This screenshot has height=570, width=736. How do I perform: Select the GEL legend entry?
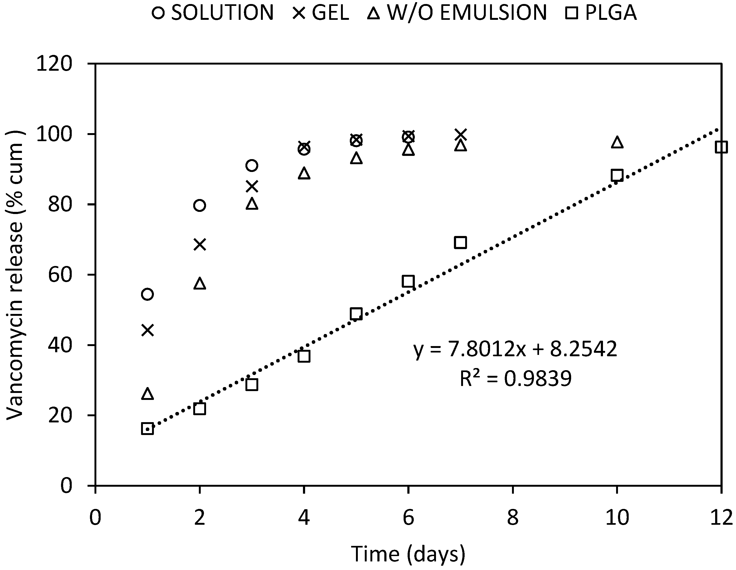click(320, 13)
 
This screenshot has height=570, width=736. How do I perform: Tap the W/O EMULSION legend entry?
click(457, 13)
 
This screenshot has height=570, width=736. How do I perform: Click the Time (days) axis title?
click(408, 554)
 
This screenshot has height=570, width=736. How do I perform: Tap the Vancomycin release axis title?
click(15, 275)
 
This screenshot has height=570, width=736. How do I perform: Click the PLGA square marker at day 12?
click(721, 147)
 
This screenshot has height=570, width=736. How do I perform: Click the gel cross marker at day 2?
click(200, 245)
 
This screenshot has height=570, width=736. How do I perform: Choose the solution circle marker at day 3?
click(252, 166)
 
